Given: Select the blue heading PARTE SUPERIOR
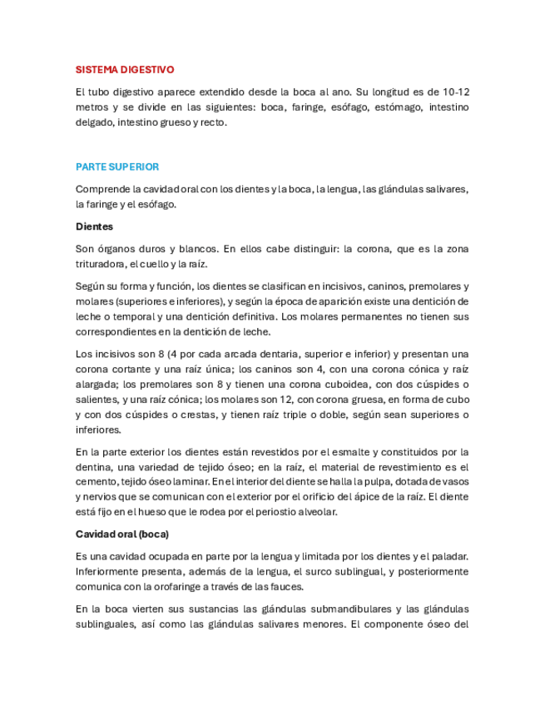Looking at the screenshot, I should [117, 167].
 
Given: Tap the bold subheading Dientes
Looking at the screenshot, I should [94, 226].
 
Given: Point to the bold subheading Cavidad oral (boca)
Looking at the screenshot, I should [122, 534].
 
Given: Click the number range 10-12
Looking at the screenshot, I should [454, 92].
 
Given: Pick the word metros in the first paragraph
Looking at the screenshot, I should [92, 107].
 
